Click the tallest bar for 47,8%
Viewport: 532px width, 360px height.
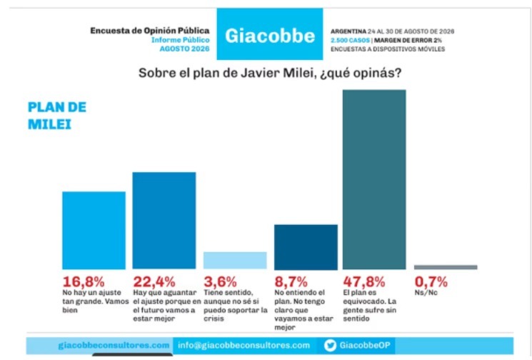click(x=374, y=179)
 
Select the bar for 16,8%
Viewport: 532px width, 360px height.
click(x=94, y=231)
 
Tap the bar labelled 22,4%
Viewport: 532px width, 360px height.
click(x=164, y=221)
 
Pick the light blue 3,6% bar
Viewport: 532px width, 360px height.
click(x=235, y=260)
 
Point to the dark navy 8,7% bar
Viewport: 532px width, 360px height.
click(x=306, y=247)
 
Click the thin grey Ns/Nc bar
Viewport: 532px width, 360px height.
click(x=446, y=267)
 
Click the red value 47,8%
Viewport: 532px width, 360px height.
click(x=364, y=281)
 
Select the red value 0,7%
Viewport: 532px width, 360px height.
click(x=431, y=281)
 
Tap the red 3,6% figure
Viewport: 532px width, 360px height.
click(x=220, y=281)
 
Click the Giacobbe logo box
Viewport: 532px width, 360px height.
click(x=270, y=34)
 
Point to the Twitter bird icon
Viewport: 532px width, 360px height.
click(x=330, y=346)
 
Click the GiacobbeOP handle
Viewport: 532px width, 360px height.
click(x=365, y=346)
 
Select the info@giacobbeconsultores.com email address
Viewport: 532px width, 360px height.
click(x=244, y=346)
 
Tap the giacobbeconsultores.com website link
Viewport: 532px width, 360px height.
click(x=114, y=346)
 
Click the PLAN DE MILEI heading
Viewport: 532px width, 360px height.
click(x=57, y=116)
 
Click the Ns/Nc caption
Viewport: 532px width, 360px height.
click(x=426, y=292)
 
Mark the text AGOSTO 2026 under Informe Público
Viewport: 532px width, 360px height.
click(x=184, y=49)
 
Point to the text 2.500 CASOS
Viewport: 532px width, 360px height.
click(x=350, y=41)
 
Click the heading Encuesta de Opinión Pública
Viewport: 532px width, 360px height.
click(x=150, y=31)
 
